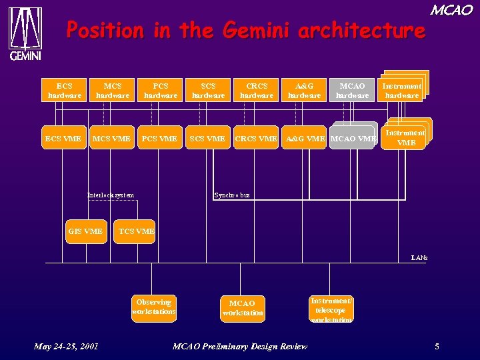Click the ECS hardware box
(65, 91)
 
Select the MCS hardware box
(113, 91)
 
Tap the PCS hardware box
(161, 91)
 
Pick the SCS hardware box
(209, 91)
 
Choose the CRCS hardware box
(257, 91)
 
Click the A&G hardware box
(305, 91)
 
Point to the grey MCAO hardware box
(353, 91)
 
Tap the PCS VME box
(160, 139)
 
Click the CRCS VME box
(256, 139)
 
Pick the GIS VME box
(86, 231)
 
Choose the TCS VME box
(135, 231)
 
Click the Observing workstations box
(154, 307)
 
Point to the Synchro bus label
(232, 195)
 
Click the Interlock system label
(111, 195)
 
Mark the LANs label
(419, 257)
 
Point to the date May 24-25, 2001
(66, 346)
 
